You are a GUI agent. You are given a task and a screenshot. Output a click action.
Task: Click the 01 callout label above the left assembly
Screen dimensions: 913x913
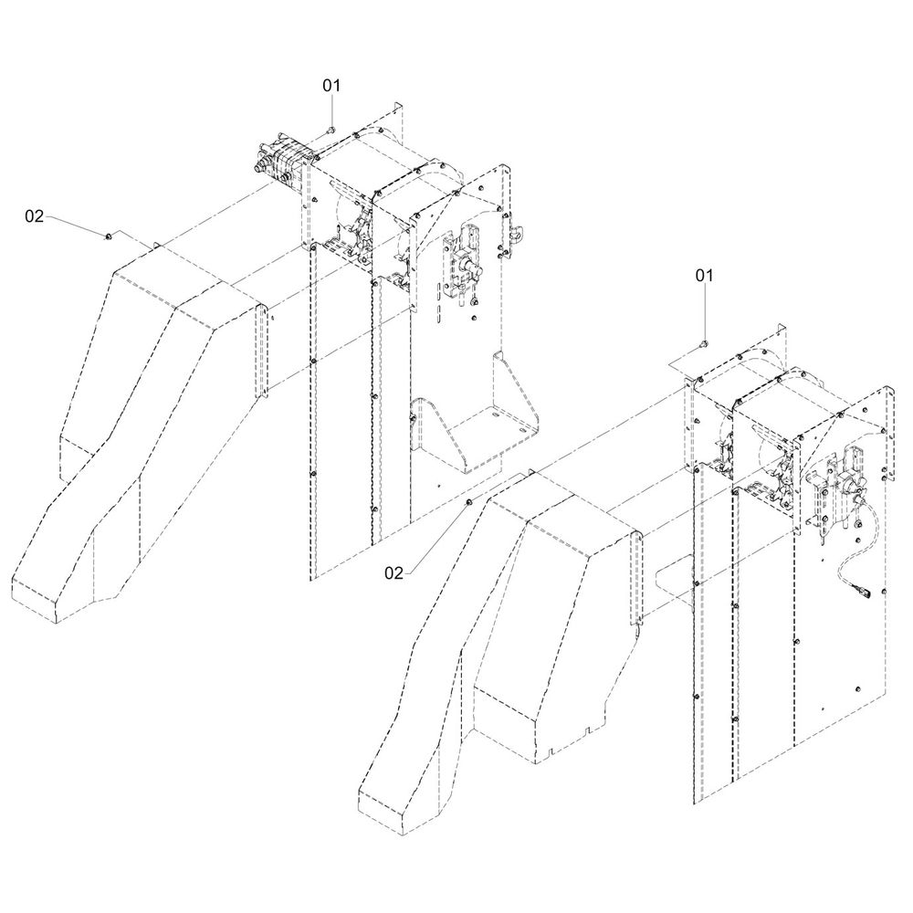[x=331, y=85]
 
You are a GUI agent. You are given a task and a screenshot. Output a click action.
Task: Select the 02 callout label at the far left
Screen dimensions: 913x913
[x=34, y=215]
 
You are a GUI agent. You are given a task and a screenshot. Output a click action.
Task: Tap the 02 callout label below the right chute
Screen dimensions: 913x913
[x=394, y=572]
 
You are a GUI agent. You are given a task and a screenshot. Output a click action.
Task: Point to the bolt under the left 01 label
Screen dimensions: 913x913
[x=331, y=130]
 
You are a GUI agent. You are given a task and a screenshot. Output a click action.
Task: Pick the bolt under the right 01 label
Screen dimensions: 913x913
[x=705, y=343]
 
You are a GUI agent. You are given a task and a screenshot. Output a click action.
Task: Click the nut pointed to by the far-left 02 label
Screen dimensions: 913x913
[x=109, y=236]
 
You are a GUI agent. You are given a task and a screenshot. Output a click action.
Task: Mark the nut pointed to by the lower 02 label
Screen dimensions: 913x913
[x=469, y=503]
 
